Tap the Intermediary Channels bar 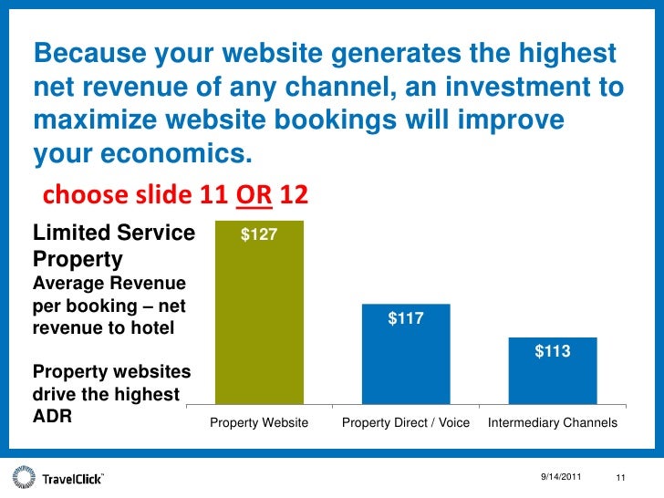click(552, 371)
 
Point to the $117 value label click(406, 318)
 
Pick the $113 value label click(552, 350)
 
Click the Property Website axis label click(259, 424)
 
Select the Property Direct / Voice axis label click(406, 424)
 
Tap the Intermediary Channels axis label click(553, 424)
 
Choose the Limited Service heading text click(114, 233)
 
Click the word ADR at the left click(52, 419)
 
